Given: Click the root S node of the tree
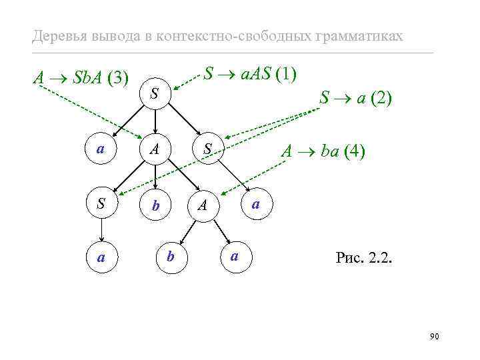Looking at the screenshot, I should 155,95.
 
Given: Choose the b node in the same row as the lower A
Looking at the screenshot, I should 155,205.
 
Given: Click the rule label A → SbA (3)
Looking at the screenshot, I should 81,78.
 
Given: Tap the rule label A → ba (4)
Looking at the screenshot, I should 322,151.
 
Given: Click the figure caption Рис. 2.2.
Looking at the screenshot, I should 365,257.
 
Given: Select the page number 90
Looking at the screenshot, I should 434,337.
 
